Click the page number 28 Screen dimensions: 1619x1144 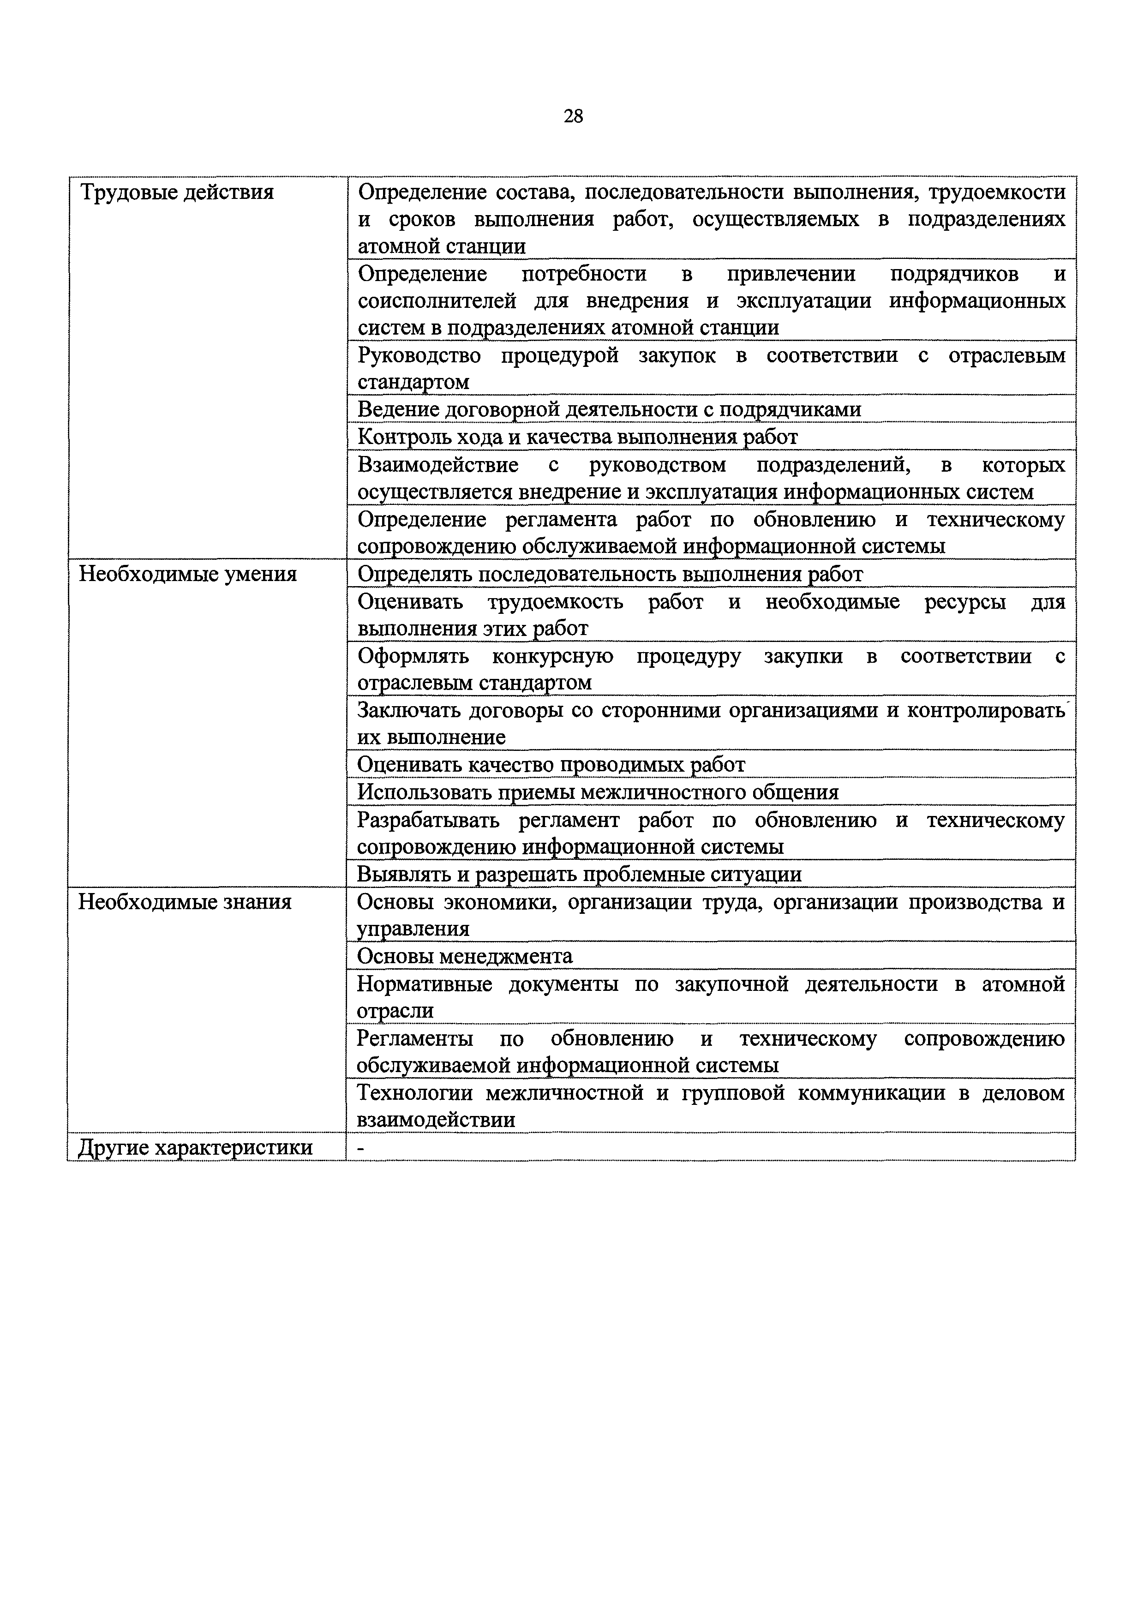click(573, 116)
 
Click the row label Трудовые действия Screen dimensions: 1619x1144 click(176, 192)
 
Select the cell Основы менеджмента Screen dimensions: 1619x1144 click(465, 956)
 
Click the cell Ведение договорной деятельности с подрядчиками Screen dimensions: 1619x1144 click(609, 410)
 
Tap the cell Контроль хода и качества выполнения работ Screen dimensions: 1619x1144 click(577, 437)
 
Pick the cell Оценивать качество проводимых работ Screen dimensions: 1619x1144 click(551, 764)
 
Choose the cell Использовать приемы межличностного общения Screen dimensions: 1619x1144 click(598, 792)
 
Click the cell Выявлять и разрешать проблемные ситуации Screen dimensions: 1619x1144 click(580, 875)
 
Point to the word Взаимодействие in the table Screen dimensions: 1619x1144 click(438, 465)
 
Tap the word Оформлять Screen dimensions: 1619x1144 click(413, 656)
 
